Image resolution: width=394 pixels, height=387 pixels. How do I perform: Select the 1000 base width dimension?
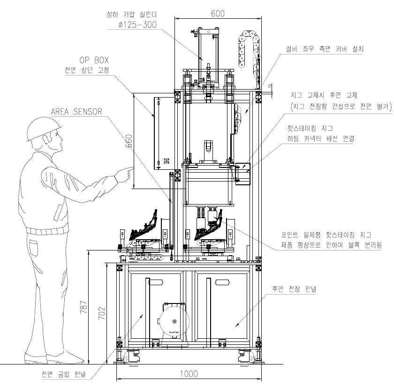click(x=188, y=374)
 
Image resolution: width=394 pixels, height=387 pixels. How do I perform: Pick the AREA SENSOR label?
click(x=76, y=112)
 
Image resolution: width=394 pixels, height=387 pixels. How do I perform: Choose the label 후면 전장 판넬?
click(x=291, y=289)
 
